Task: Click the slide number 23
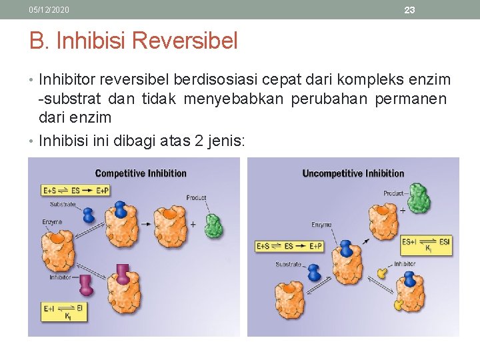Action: coord(409,10)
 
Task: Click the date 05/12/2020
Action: coord(49,10)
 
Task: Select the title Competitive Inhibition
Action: coord(141,173)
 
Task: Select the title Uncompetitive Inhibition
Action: coord(353,173)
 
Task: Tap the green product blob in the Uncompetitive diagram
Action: coord(418,197)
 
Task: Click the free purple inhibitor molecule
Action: coord(86,285)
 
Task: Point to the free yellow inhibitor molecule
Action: coord(382,272)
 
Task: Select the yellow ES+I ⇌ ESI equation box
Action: coord(426,245)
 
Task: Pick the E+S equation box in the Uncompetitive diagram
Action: coord(289,246)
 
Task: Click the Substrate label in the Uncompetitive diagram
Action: coord(288,265)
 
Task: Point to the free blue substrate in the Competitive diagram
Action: coord(88,215)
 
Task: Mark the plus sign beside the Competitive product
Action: coord(193,225)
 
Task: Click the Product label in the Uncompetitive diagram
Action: coord(395,193)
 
